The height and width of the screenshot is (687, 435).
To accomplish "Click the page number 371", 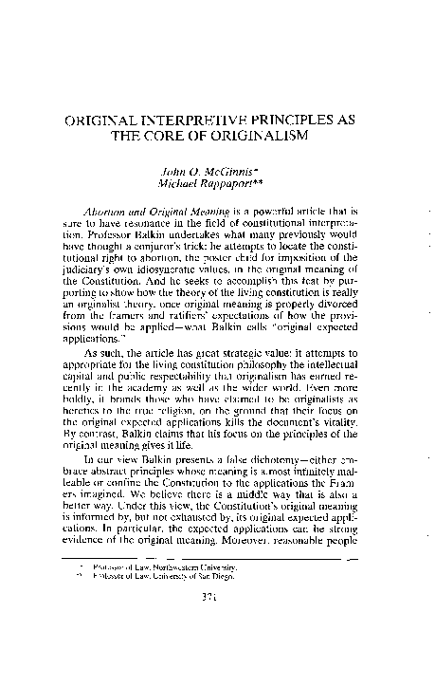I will (x=217, y=650).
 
